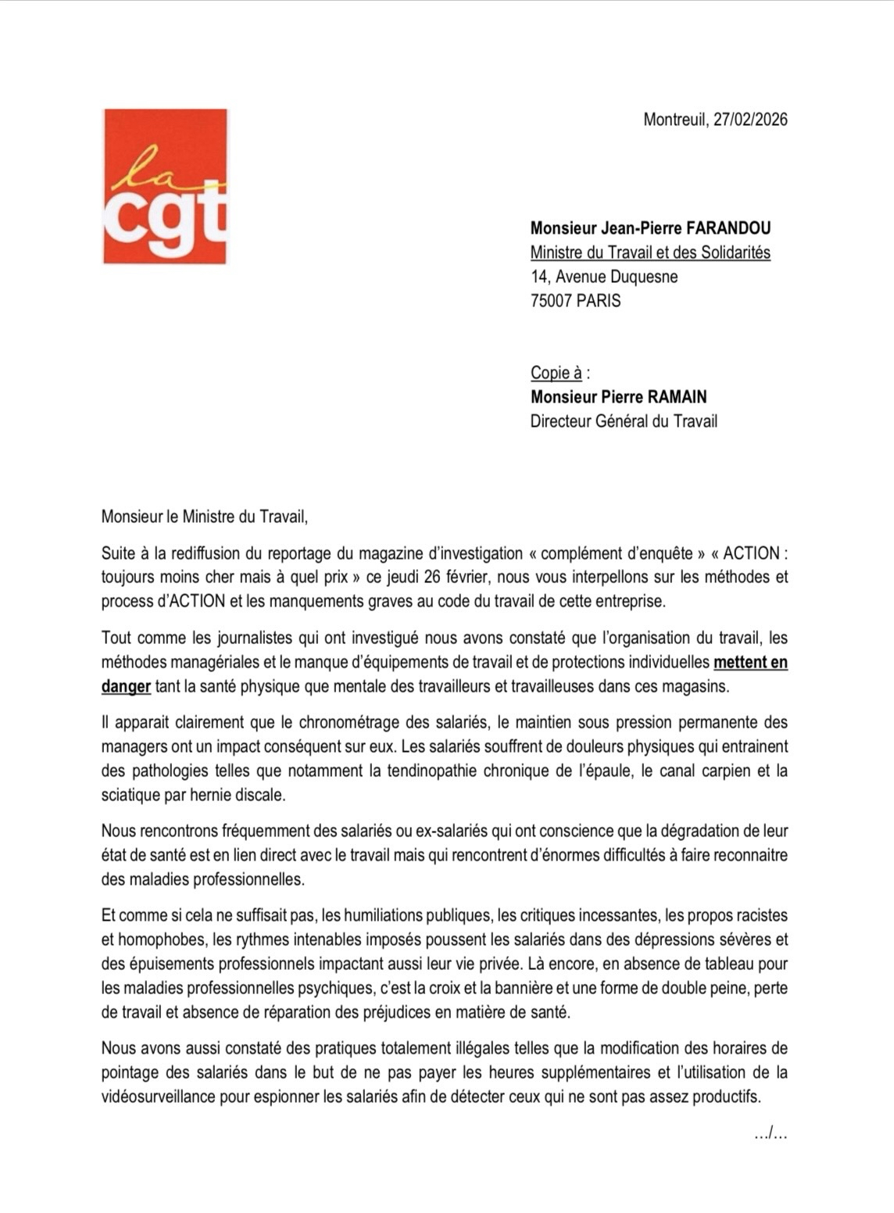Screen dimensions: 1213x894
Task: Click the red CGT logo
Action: (x=165, y=186)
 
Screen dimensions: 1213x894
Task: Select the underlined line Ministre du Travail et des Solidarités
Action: (x=650, y=252)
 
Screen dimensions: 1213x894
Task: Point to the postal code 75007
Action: (x=551, y=301)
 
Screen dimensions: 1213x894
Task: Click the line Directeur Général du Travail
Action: (x=624, y=421)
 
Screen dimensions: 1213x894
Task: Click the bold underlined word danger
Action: (x=126, y=687)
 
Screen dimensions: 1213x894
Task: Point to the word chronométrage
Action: (x=351, y=722)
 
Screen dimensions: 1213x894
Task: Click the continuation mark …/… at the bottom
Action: (x=771, y=1132)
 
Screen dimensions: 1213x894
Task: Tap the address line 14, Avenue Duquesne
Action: (x=604, y=277)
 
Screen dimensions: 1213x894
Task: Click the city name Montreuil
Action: (x=674, y=120)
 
